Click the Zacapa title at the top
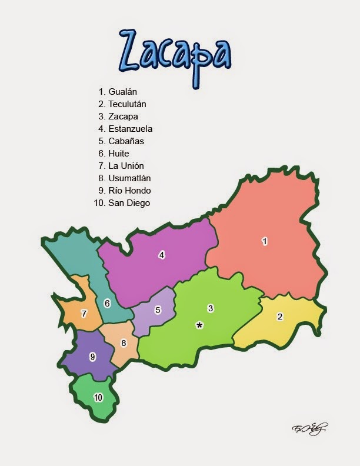(175, 51)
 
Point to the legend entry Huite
(118, 154)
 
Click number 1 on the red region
(265, 241)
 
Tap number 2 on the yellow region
(280, 317)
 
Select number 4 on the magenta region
(161, 255)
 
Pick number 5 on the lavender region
(158, 310)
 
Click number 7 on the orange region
(84, 314)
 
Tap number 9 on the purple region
(92, 357)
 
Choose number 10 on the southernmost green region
(98, 398)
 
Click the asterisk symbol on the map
(199, 325)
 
